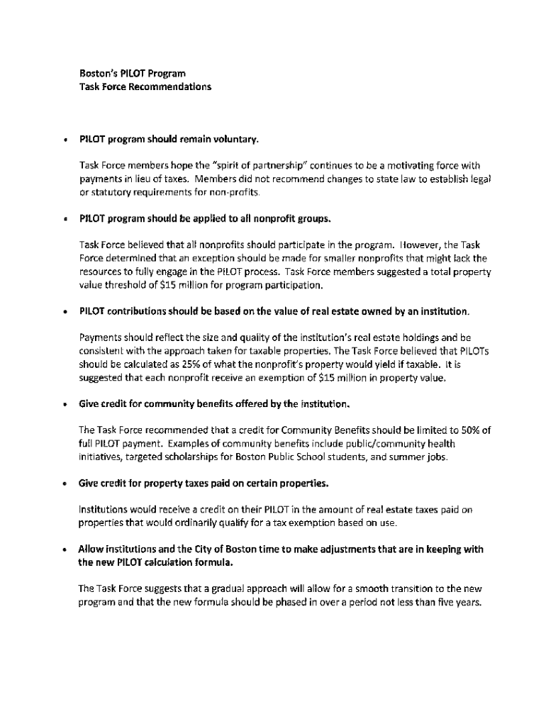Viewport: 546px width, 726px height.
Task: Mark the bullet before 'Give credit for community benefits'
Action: point(65,405)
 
